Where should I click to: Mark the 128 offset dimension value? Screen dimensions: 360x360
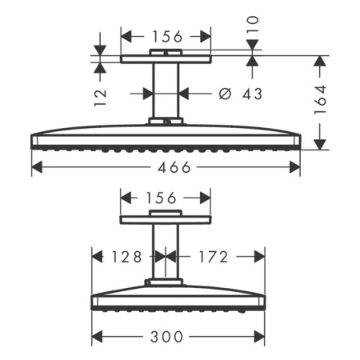tap(126, 257)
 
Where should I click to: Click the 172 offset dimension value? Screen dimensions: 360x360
tap(211, 257)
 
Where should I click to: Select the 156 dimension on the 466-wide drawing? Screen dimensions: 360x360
tap(166, 36)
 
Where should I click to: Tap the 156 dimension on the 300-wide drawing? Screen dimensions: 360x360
tap(165, 197)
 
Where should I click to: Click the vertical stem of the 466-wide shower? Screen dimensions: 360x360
tap(166, 92)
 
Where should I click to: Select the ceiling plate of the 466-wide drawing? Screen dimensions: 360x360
tap(166, 59)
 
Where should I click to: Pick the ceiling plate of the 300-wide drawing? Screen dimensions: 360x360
tap(165, 219)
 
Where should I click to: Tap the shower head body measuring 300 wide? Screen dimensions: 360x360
tap(178, 298)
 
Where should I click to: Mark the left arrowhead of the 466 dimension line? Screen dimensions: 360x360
tap(35, 167)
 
